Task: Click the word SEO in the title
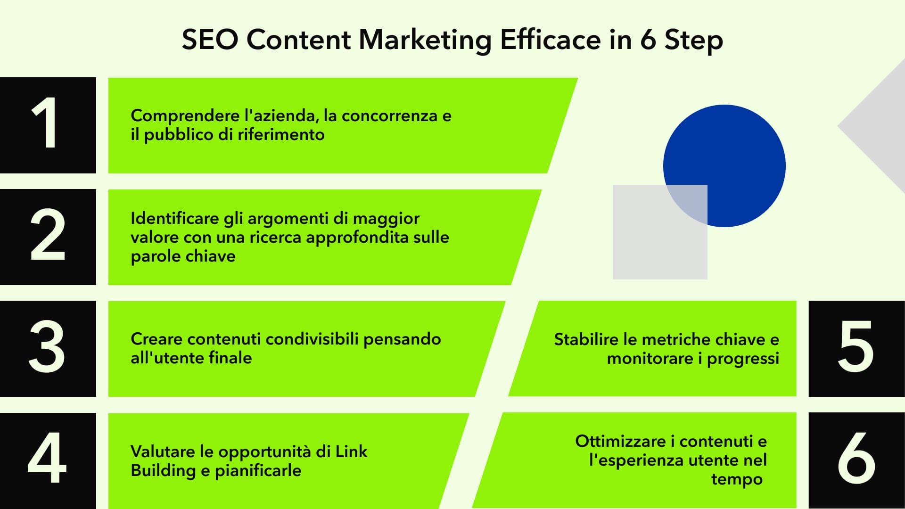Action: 210,40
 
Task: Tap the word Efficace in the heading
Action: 550,40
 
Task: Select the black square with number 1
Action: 48,125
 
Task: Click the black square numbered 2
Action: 48,237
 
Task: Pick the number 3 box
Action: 48,349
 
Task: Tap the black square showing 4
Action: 48,460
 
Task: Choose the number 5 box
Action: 856,349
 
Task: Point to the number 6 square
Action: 856,460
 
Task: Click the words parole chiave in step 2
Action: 183,256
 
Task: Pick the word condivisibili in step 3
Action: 315,339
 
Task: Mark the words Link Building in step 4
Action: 249,461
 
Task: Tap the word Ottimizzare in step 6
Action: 620,441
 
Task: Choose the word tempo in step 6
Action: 737,480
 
